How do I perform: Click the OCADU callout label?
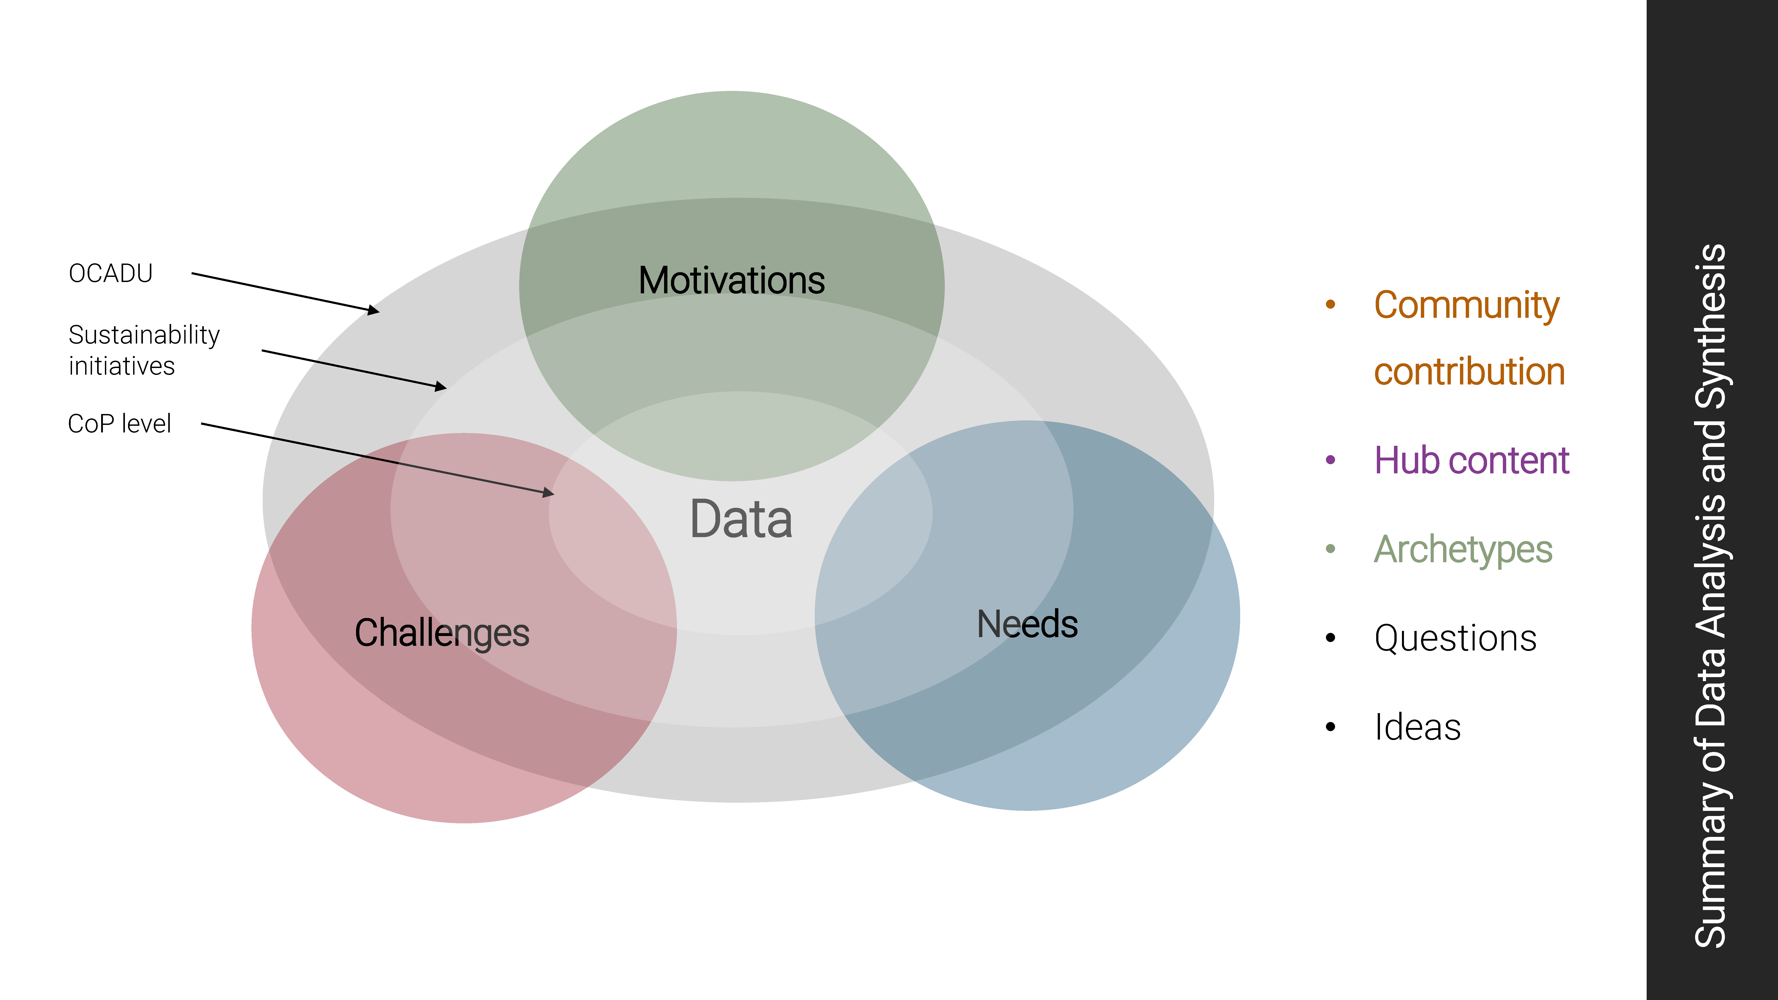pyautogui.click(x=110, y=273)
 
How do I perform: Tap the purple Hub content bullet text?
pyautogui.click(x=1472, y=460)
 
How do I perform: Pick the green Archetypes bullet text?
pyautogui.click(x=1463, y=550)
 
